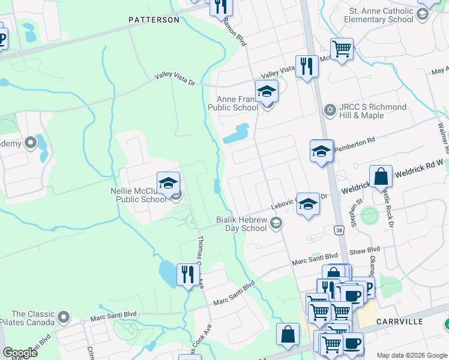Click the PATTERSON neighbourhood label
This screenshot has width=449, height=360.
pyautogui.click(x=154, y=20)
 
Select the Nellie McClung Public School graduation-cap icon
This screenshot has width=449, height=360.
pyautogui.click(x=168, y=183)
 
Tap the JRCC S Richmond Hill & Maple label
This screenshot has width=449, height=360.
pyautogui.click(x=373, y=111)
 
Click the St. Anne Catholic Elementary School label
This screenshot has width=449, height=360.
pyautogui.click(x=379, y=15)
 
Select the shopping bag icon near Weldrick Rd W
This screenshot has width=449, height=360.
pyautogui.click(x=381, y=177)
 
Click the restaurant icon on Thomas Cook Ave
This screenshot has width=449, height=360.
pyautogui.click(x=188, y=275)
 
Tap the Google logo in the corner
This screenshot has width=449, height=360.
pyautogui.click(x=20, y=353)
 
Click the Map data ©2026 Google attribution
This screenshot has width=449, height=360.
pyautogui.click(x=411, y=355)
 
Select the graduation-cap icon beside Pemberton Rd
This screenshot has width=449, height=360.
pyautogui.click(x=321, y=151)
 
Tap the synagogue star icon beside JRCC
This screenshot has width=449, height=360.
pyautogui.click(x=329, y=110)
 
